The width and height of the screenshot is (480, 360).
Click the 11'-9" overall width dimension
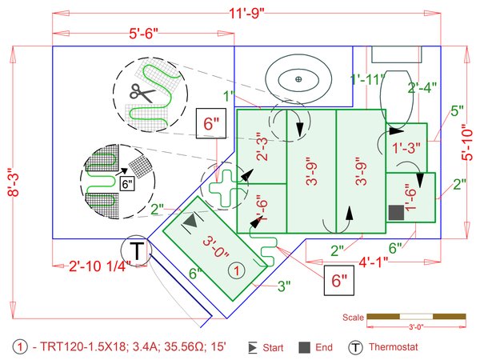tap(246, 14)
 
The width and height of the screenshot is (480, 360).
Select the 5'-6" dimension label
tap(143, 33)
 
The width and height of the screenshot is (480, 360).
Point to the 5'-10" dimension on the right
tap(467, 142)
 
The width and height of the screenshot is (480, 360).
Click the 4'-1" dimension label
tap(373, 262)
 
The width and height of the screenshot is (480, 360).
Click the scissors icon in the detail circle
tap(142, 93)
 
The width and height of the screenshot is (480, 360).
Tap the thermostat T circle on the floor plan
tap(137, 250)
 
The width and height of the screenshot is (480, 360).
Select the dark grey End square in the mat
tap(396, 213)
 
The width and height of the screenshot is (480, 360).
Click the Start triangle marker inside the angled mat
tap(191, 221)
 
